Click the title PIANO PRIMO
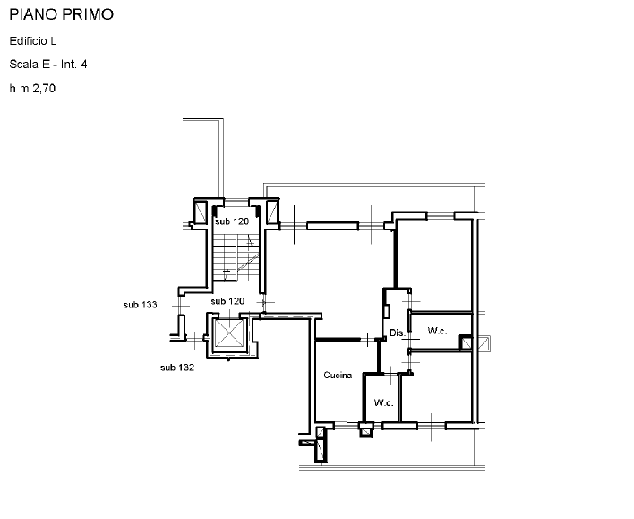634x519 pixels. [62, 14]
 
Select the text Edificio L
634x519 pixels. [33, 41]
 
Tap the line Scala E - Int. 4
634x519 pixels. [48, 65]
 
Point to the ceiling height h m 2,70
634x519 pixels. [32, 88]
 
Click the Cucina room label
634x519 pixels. [338, 376]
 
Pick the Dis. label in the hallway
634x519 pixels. [398, 333]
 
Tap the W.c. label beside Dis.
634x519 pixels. [437, 331]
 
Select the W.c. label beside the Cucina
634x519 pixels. [383, 402]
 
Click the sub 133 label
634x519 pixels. [141, 305]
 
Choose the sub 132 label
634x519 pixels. [177, 368]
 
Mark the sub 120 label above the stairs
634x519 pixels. [232, 221]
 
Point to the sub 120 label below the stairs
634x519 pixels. [227, 301]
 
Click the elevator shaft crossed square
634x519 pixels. [229, 333]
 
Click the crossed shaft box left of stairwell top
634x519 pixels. [201, 212]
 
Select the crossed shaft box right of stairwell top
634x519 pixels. [271, 212]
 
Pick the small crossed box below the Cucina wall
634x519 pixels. [365, 432]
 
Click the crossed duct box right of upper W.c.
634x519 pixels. [484, 343]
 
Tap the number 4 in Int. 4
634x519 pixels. [84, 65]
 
